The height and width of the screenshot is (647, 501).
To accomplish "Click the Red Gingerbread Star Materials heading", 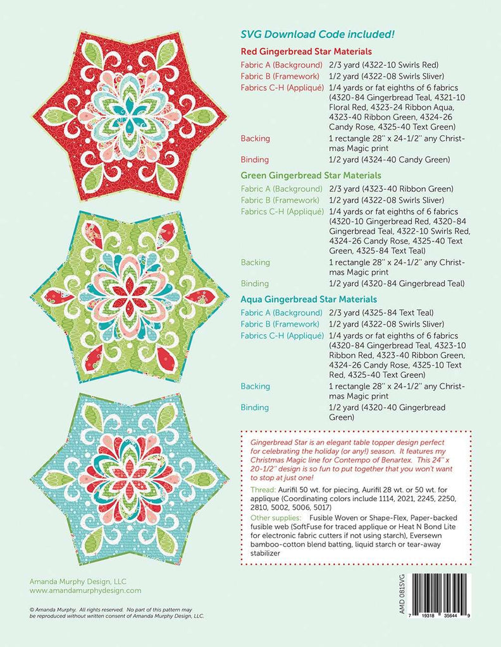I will pos(306,51).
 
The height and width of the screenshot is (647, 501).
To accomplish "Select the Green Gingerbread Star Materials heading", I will pos(309,175).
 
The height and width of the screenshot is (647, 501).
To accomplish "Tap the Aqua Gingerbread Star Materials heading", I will pos(307,299).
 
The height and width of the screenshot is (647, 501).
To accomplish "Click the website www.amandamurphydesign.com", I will pos(85,590).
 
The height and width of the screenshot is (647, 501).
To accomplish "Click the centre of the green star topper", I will pos(128,297).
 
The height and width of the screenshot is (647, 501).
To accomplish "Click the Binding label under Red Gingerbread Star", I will pos(255,160).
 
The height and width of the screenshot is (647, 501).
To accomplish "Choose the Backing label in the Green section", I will pos(255,262).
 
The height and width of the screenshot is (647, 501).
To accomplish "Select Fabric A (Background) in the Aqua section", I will pos(281,313).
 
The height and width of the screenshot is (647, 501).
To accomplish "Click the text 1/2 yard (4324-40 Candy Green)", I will pos(389,160).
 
